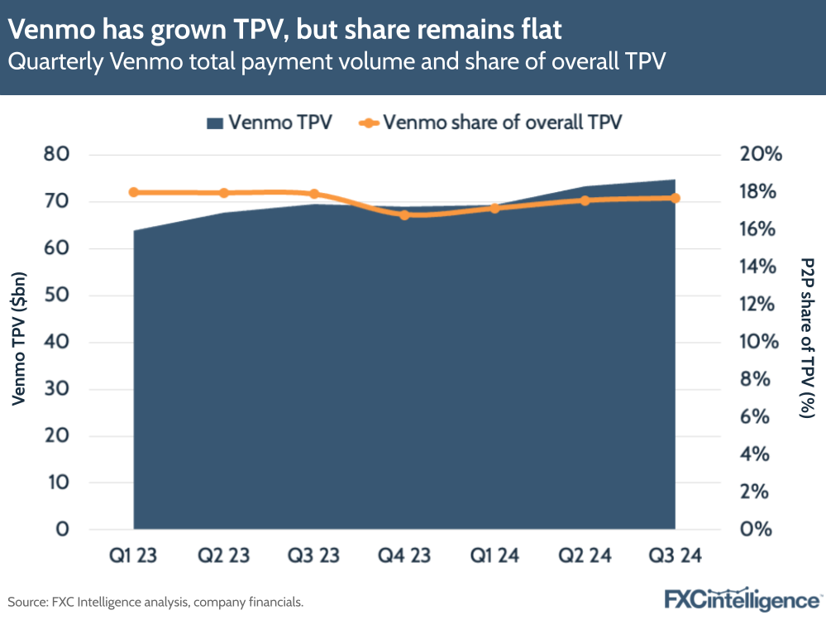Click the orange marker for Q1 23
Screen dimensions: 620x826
point(133,192)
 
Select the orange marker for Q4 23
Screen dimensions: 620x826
point(404,215)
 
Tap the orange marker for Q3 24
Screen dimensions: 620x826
point(675,198)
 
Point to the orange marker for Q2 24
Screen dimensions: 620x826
point(585,200)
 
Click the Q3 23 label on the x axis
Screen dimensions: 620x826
point(313,555)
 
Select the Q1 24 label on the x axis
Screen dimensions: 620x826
point(494,555)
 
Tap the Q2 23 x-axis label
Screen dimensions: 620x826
point(223,555)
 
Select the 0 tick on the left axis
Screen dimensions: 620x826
point(64,530)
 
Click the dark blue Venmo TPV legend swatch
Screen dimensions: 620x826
point(214,123)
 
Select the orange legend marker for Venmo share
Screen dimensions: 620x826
point(369,123)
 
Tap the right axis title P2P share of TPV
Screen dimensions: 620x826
point(807,336)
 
